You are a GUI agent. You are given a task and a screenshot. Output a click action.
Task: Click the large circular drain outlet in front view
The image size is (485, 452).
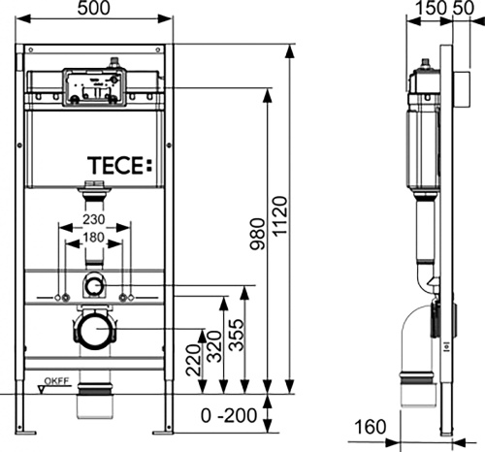pos(93,331)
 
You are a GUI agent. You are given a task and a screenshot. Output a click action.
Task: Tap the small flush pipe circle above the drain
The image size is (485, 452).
pos(93,286)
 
